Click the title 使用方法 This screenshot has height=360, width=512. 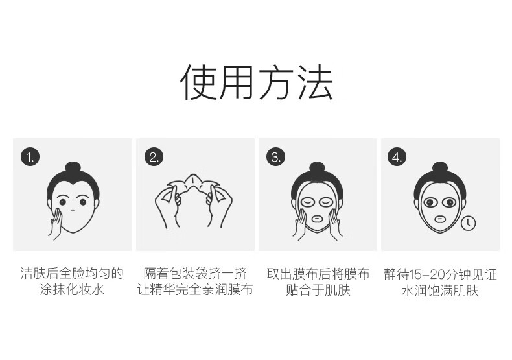257,82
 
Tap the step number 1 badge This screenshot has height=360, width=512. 30,157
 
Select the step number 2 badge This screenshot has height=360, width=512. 154,157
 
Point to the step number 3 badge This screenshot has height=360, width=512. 276,157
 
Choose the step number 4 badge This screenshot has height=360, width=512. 397,157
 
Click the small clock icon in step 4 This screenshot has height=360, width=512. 468,223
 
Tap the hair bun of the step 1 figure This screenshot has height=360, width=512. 73,169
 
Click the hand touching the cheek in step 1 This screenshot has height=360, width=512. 56,224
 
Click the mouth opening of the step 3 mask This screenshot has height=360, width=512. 317,219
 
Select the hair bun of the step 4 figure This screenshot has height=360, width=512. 440,169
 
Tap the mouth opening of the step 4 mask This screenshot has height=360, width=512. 439,219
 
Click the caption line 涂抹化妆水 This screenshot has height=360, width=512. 72,289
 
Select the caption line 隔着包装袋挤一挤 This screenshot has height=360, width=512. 195,274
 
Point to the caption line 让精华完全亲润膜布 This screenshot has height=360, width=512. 195,289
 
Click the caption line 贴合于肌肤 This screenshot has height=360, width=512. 318,290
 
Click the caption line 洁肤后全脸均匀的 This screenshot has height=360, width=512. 72,274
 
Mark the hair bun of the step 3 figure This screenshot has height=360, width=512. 317,169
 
